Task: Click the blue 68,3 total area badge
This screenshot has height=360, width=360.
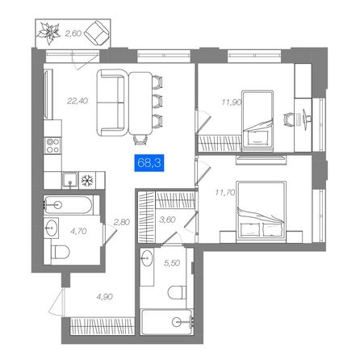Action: click(x=149, y=163)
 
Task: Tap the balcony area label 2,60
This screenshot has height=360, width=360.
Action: click(x=73, y=33)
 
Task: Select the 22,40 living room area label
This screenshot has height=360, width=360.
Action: click(x=77, y=101)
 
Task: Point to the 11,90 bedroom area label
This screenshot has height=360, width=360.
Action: click(x=232, y=103)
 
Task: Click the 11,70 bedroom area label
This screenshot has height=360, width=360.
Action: click(x=225, y=192)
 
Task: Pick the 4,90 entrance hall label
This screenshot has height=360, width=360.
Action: click(x=105, y=297)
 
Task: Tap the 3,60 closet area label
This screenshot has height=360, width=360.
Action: click(x=167, y=220)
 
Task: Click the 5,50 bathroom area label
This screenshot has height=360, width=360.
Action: click(x=172, y=263)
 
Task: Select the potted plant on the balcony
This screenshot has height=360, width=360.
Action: click(x=48, y=33)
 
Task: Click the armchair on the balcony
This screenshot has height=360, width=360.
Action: click(x=98, y=33)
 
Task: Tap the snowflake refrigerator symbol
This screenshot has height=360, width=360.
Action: click(x=86, y=181)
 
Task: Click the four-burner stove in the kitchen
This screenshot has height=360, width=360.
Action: click(x=52, y=145)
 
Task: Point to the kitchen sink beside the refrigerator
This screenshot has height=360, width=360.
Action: click(x=70, y=181)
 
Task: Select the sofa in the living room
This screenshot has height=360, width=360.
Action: click(x=111, y=103)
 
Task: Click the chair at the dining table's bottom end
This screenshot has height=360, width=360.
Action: click(x=140, y=140)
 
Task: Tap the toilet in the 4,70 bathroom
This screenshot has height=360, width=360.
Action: click(x=60, y=252)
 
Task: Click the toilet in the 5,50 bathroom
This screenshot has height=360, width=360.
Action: click(x=177, y=292)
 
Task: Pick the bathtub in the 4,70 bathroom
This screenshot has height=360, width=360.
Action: click(x=69, y=205)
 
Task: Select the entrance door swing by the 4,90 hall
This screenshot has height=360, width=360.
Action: click(x=57, y=302)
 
